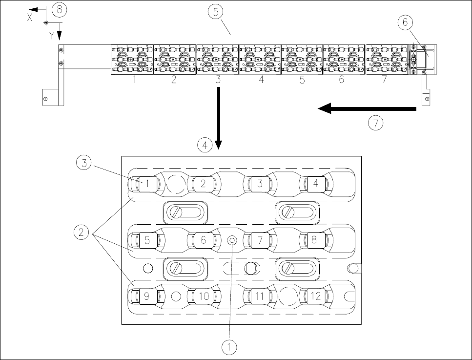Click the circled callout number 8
pos(60,9)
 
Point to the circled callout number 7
pos(376,123)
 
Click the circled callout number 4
pos(205,145)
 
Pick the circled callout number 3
pos(85,164)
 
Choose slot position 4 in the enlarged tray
pos(316,184)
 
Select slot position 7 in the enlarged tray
pos(260,240)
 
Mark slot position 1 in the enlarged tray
pos(146,184)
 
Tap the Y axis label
pos(52,35)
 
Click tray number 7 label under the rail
pos(384,80)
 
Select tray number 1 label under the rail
pos(134,80)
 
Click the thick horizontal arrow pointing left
pos(366,110)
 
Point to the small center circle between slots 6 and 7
pos(232,239)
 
